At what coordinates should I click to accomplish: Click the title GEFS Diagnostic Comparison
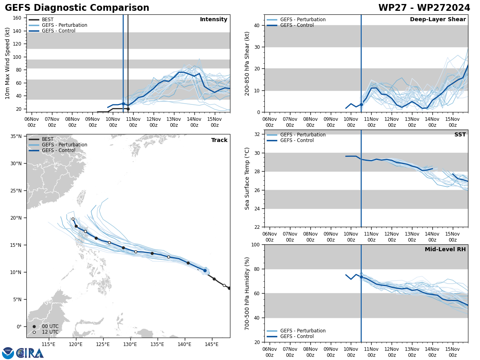pyautogui.click(x=77, y=8)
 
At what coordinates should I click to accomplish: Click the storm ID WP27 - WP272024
pyautogui.click(x=424, y=8)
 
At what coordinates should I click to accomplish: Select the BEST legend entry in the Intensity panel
pyautogui.click(x=47, y=20)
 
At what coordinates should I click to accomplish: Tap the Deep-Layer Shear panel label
pyautogui.click(x=438, y=20)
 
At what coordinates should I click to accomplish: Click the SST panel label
pyautogui.click(x=460, y=135)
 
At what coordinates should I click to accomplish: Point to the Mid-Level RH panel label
pyautogui.click(x=445, y=250)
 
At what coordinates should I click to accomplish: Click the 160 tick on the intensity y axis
pyautogui.click(x=17, y=18)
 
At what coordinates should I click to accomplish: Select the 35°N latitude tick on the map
pyautogui.click(x=16, y=136)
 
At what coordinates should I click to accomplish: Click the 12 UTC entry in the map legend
pyautogui.click(x=50, y=332)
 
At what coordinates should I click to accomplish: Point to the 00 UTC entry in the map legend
pyautogui.click(x=50, y=326)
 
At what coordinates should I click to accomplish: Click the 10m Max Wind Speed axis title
pyautogui.click(x=8, y=63)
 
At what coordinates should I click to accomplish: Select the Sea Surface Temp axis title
pyautogui.click(x=247, y=178)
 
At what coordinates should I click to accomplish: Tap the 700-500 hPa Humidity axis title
pyautogui.click(x=247, y=293)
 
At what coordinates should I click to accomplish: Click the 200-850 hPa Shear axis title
pyautogui.click(x=247, y=63)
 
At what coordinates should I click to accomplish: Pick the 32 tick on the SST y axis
pyautogui.click(x=258, y=134)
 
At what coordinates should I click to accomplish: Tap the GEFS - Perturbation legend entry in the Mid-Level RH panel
pyautogui.click(x=302, y=331)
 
